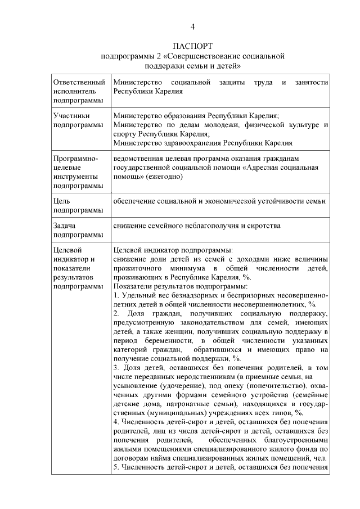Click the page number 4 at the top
click(x=193, y=26)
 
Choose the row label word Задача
click(x=65, y=226)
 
